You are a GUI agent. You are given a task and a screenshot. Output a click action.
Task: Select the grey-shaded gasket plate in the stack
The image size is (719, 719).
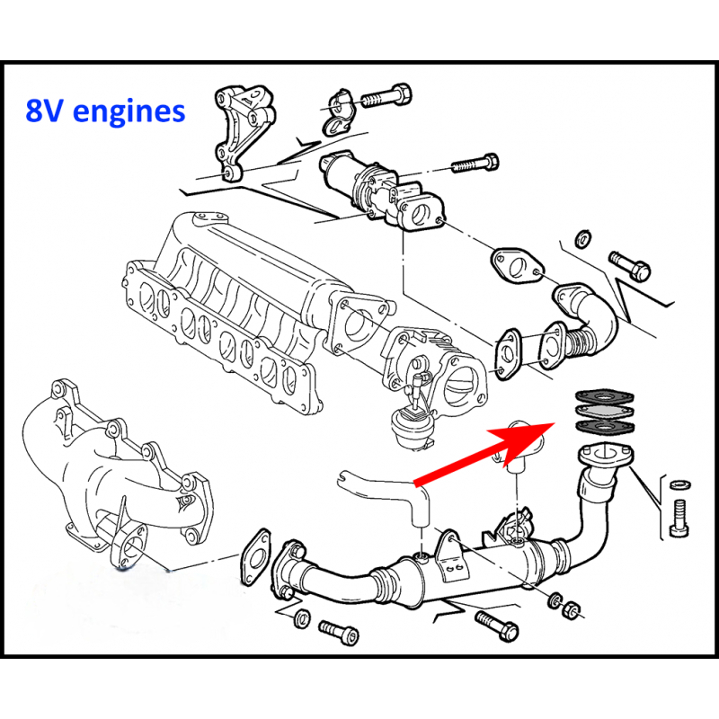[x=599, y=412]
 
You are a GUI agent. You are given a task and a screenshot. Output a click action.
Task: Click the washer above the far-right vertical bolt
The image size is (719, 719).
[x=680, y=485]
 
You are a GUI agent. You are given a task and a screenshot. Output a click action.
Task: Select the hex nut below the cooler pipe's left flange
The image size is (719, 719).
[x=303, y=617]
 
